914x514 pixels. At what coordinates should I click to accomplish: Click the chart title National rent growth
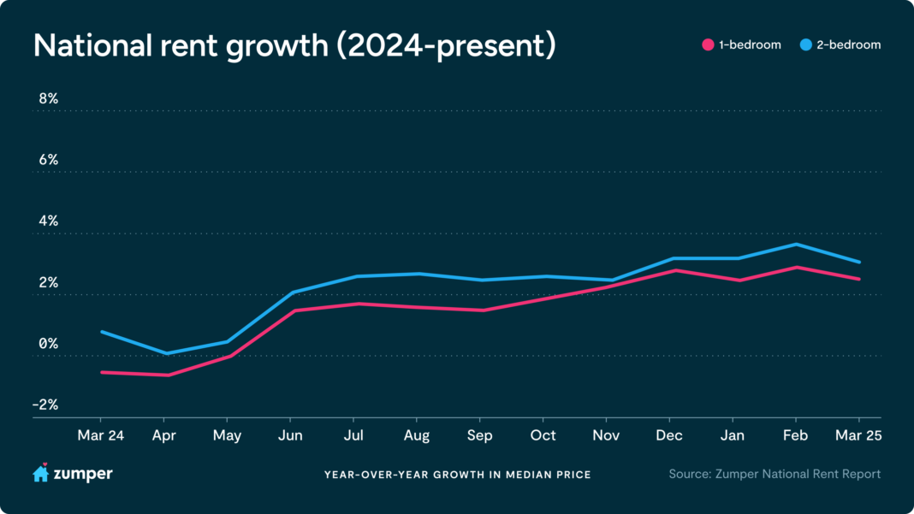294,46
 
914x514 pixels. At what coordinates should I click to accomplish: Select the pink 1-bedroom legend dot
707,44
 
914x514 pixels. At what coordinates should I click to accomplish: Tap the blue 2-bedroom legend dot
806,44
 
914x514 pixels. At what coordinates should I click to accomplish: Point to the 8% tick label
48,99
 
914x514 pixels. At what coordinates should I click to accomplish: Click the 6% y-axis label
48,160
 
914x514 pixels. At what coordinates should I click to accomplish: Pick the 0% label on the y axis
48,344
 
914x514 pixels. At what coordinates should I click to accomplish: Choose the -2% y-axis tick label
46,405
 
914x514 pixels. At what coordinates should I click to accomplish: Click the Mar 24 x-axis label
101,435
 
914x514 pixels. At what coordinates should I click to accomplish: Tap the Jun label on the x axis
290,435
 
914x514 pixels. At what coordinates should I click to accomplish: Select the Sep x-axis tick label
480,435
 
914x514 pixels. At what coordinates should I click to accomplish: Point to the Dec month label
669,435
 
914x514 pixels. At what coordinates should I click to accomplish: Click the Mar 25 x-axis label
858,435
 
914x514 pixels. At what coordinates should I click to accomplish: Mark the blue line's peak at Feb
796,245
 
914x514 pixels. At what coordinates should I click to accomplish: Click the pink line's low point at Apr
165,375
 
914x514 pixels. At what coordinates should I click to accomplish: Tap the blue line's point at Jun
291,292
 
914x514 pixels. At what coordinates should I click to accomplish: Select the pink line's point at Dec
670,270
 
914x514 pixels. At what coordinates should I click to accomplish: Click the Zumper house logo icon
40,473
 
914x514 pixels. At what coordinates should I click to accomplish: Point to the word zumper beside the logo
84,474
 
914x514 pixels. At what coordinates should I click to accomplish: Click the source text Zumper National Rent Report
775,474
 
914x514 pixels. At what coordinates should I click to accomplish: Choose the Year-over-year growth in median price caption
457,475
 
